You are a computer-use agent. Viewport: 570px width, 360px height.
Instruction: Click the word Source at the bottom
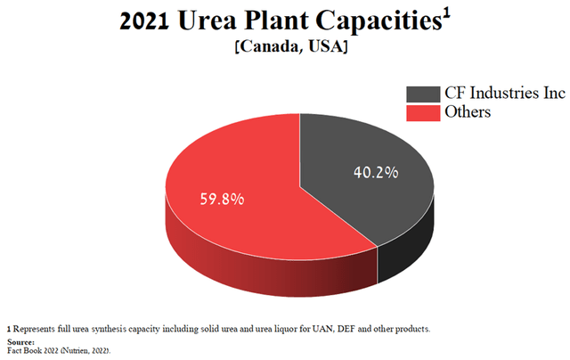[20, 341]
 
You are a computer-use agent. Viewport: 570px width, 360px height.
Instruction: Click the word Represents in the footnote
[36, 329]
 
